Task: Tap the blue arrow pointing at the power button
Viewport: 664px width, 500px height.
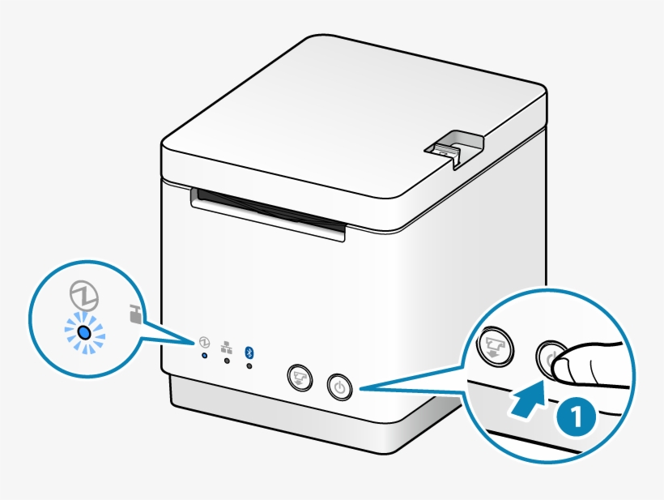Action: (529, 402)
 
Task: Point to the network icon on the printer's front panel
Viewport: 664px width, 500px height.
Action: (226, 346)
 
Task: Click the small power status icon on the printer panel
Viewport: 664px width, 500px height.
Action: (204, 342)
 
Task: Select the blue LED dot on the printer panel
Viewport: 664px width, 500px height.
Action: (204, 355)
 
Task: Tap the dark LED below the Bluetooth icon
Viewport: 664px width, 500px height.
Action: (249, 366)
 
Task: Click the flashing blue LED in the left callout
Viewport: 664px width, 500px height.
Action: (83, 332)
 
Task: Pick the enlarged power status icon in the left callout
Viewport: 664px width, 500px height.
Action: (83, 296)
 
